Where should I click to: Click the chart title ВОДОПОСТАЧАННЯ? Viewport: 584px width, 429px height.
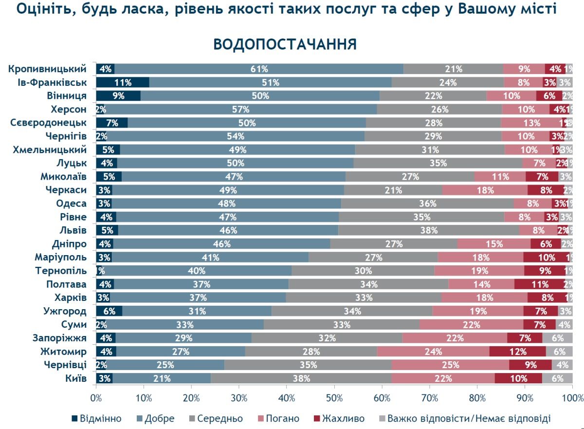click(x=285, y=44)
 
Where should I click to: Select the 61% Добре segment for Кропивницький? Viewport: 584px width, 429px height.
click(x=259, y=69)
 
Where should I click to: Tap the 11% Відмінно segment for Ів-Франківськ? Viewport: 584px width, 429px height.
click(x=122, y=82)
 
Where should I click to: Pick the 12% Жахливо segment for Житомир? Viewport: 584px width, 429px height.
click(x=517, y=352)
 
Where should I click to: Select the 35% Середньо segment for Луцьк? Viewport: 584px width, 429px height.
click(x=438, y=163)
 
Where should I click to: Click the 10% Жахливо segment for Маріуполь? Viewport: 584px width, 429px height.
click(x=546, y=258)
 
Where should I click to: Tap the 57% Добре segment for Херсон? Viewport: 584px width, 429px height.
click(x=240, y=109)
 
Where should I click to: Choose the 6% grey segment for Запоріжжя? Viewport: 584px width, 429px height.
click(x=557, y=338)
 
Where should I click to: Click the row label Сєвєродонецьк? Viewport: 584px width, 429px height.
click(x=48, y=123)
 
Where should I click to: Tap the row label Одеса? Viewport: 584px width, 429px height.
click(x=71, y=204)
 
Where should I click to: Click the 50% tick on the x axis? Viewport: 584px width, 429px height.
click(x=334, y=399)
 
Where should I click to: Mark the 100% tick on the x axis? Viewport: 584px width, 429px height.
click(x=572, y=399)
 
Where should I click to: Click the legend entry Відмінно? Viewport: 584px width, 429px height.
click(x=100, y=418)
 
